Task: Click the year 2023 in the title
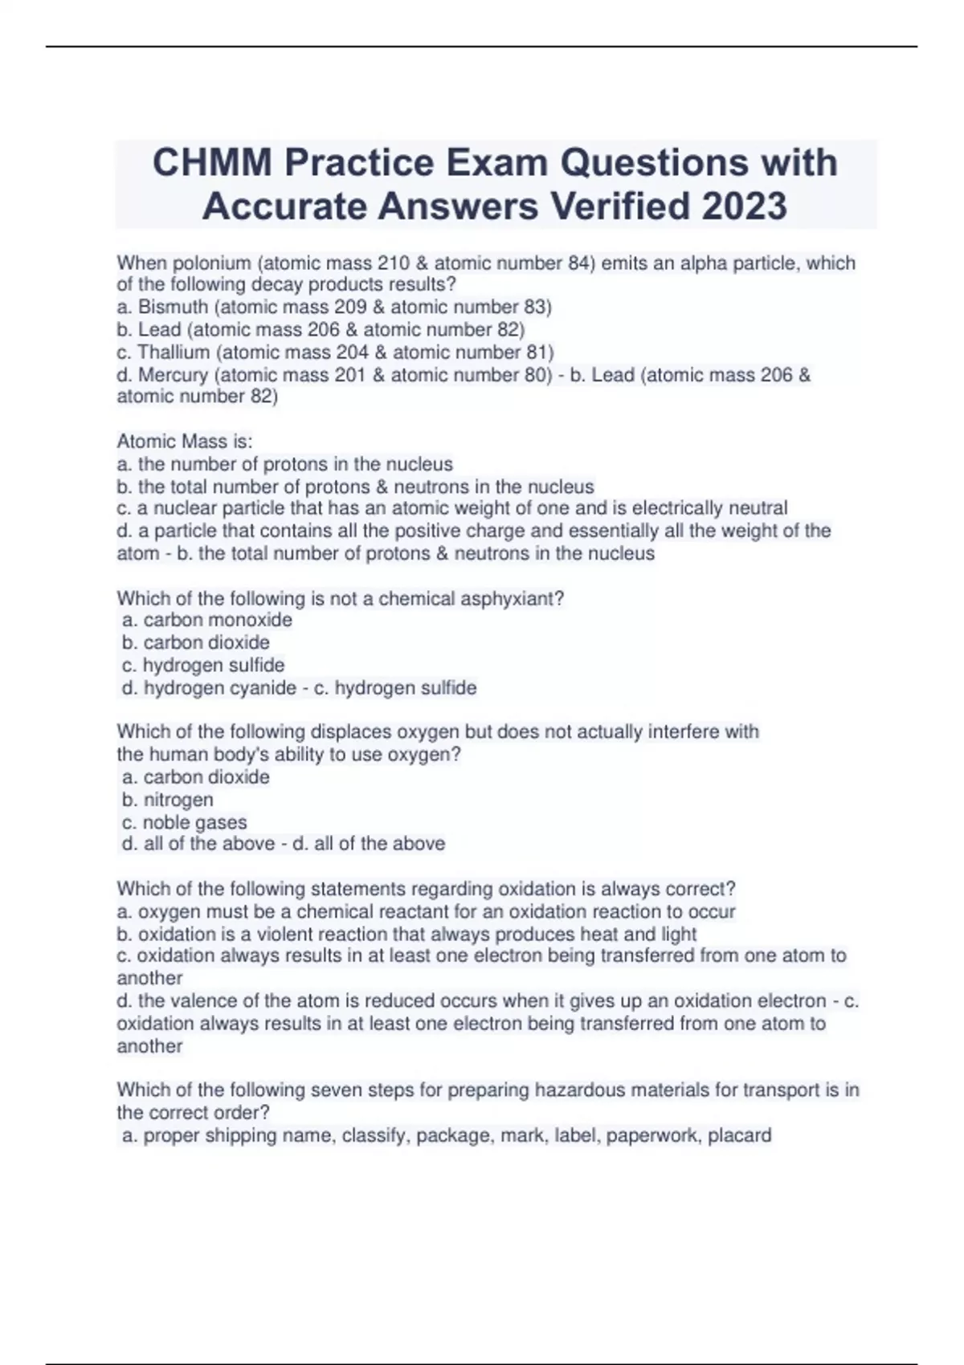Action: point(744,206)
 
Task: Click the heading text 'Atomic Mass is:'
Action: point(185,441)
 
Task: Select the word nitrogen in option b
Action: point(178,800)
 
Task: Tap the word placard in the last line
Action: point(739,1135)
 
